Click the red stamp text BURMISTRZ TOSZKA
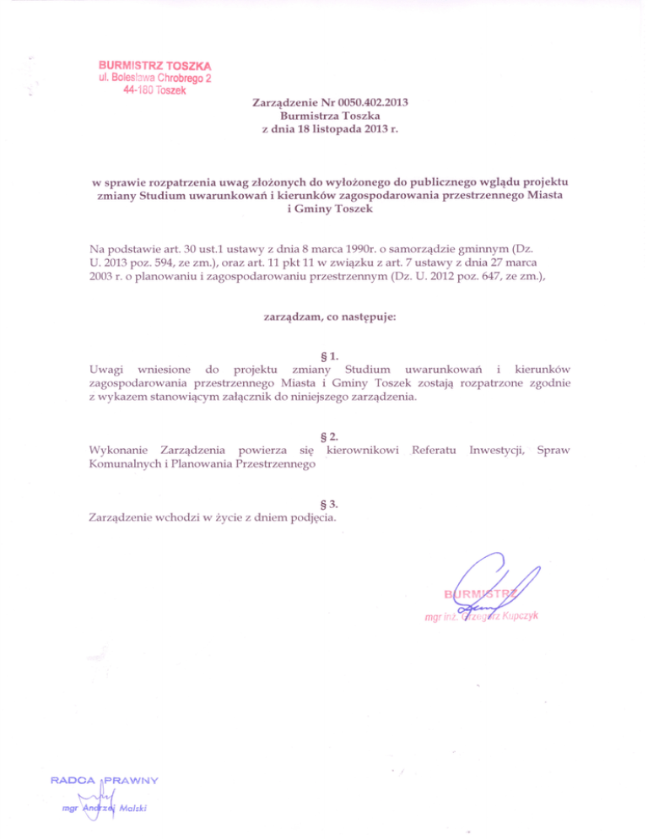click(x=155, y=65)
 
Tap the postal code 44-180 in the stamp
click(x=134, y=91)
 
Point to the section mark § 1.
click(x=330, y=355)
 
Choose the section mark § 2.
click(x=330, y=436)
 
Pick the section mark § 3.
click(x=330, y=504)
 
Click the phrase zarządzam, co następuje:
click(x=330, y=317)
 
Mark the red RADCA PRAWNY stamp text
click(x=105, y=777)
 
